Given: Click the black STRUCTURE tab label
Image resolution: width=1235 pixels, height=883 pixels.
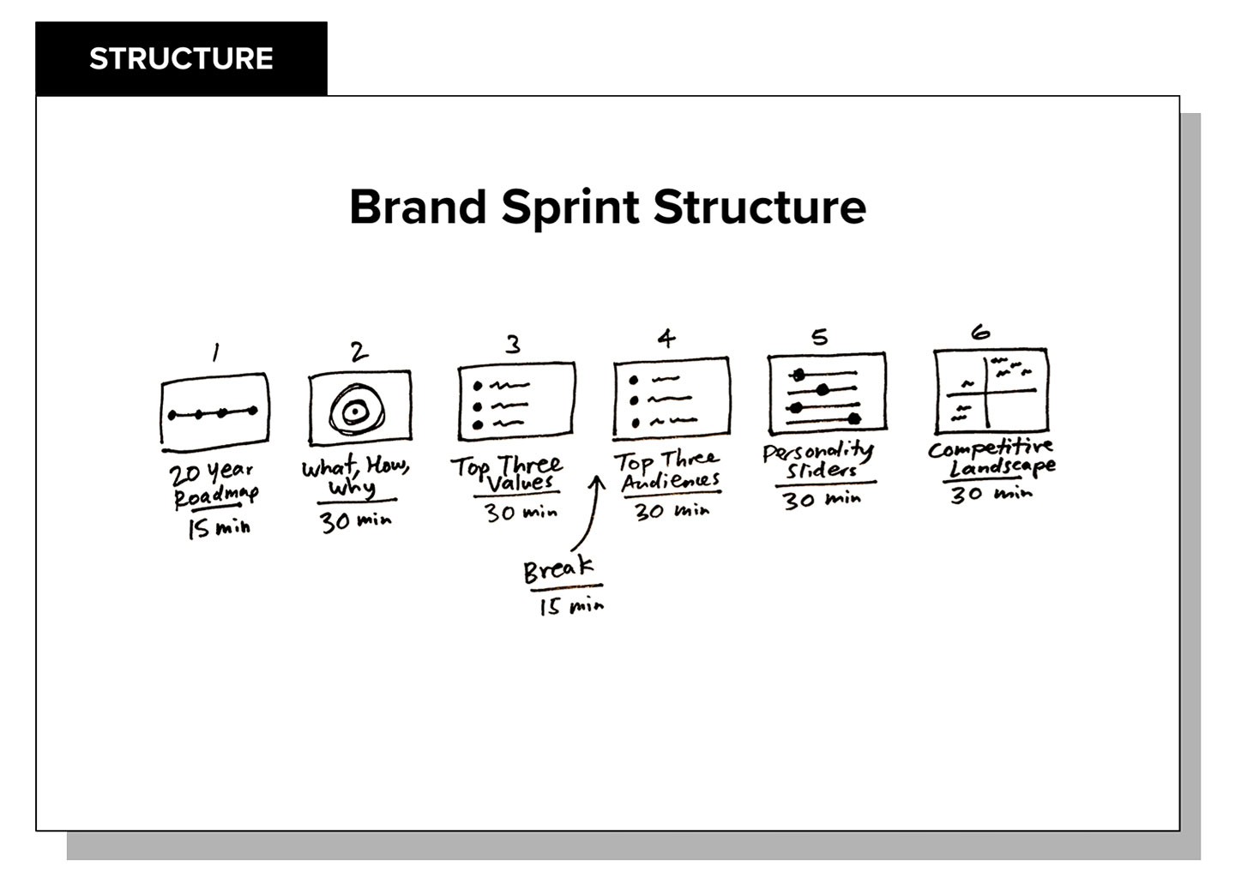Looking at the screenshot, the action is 182,58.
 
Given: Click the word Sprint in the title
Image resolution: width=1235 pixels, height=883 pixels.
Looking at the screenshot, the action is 570,207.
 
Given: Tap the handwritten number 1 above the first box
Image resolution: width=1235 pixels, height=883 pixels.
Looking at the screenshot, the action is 216,352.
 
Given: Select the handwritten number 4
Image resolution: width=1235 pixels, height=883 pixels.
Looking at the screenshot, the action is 666,339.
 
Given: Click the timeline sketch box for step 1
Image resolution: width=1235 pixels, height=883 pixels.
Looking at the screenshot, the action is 215,413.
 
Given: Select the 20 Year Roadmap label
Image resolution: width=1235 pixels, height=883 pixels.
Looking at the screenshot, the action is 214,485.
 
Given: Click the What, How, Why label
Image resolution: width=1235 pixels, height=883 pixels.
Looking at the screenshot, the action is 356,478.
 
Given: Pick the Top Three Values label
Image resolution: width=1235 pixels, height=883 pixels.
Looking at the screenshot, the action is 507,475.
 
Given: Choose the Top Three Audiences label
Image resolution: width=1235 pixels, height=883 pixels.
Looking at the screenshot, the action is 667,472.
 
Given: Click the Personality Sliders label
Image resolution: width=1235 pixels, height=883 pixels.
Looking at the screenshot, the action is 819,461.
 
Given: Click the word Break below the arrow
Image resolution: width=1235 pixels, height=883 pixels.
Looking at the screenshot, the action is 559,570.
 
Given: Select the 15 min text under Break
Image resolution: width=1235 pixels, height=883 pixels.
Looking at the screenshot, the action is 572,606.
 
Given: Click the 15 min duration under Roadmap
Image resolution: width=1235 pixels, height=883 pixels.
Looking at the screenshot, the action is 219,529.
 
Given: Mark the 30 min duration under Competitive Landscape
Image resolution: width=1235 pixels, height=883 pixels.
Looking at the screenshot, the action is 991,494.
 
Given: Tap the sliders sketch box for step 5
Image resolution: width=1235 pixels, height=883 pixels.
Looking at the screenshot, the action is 827,393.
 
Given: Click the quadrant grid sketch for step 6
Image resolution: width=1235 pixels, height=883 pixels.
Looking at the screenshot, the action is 991,391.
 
